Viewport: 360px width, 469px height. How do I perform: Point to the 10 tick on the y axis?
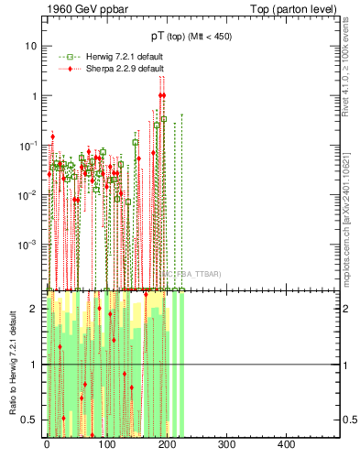30,46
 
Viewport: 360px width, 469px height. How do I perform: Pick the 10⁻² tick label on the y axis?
28,195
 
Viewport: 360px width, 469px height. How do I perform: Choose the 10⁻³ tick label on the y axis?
28,245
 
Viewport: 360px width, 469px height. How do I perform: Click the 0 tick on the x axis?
47,444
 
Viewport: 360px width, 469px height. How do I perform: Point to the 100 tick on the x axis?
107,444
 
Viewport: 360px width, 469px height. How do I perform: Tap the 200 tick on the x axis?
167,444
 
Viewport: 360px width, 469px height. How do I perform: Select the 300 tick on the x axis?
227,444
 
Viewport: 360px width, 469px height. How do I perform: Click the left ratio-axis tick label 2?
34,309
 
